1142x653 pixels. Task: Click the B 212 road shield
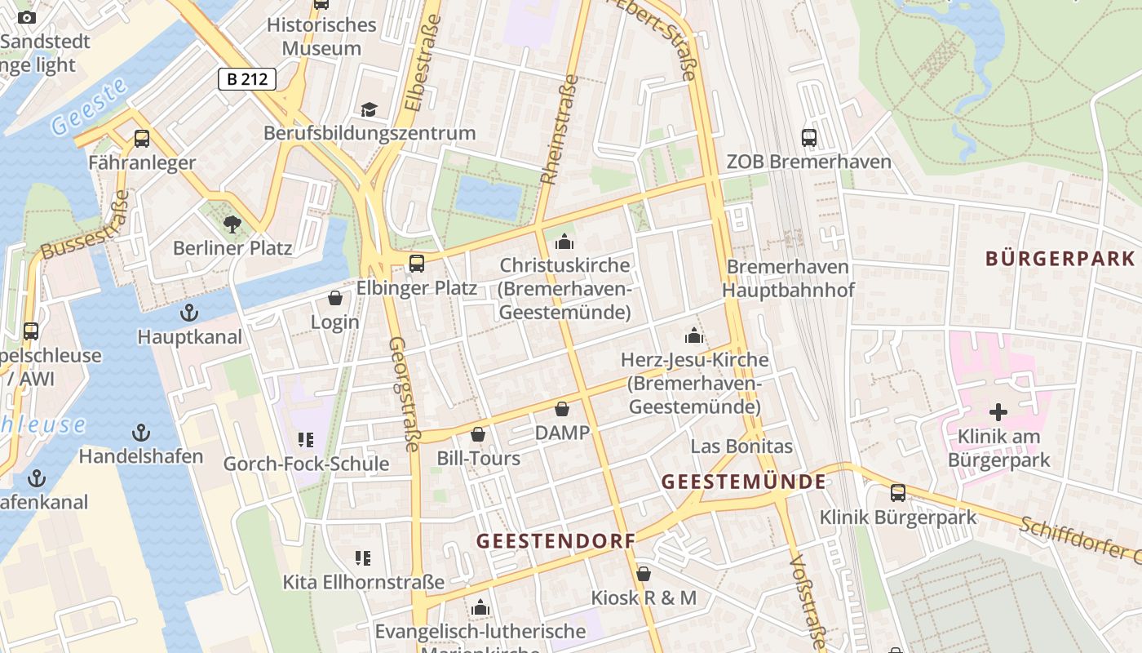tap(247, 79)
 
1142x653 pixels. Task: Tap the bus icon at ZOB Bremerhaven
tap(809, 137)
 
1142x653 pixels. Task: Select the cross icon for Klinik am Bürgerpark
tap(998, 412)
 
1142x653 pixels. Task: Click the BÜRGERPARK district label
tap(1060, 259)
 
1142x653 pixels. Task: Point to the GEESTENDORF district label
tap(556, 541)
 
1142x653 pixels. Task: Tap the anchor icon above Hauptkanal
tap(189, 313)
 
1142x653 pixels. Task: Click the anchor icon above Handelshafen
tap(141, 432)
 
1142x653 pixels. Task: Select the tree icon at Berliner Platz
tap(232, 224)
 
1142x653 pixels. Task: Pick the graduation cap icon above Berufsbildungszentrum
tap(369, 109)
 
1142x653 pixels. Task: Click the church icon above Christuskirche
tap(564, 242)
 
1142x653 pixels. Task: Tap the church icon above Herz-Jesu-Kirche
tap(693, 335)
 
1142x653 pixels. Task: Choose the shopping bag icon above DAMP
tap(562, 408)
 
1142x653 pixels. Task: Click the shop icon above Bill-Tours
tap(478, 434)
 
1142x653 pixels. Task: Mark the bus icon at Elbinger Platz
tap(416, 263)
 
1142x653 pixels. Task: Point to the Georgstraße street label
tap(404, 393)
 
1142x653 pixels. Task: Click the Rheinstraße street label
tap(560, 130)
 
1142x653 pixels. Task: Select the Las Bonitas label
tap(741, 446)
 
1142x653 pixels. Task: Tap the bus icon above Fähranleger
tap(142, 139)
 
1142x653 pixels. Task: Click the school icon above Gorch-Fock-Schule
tap(306, 441)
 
